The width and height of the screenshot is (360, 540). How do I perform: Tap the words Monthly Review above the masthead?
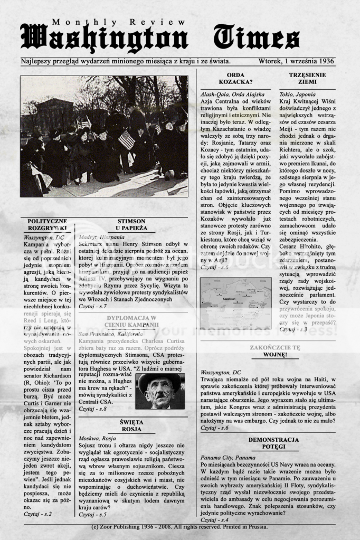[119, 22]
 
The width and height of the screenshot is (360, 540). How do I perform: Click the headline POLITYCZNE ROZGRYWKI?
[48, 225]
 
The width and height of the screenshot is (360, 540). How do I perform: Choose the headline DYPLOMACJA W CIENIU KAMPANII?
[131, 321]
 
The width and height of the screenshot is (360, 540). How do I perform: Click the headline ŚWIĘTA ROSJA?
[131, 426]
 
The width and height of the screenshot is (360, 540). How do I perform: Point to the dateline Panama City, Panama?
[228, 457]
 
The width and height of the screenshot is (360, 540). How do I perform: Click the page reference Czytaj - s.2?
[37, 513]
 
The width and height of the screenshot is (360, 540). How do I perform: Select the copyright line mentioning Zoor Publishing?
[179, 527]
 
